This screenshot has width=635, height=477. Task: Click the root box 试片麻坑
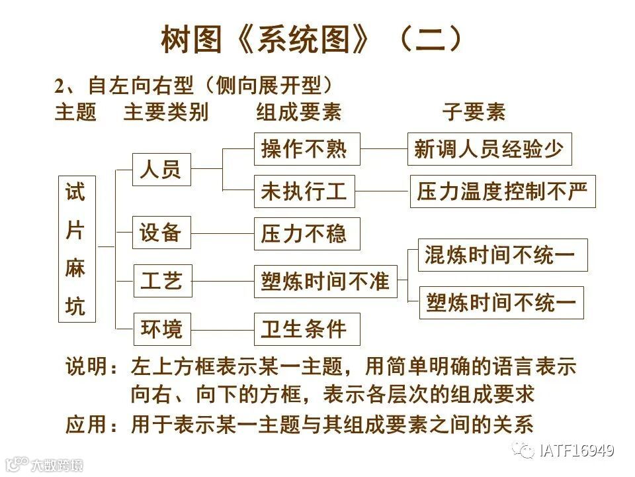(x=77, y=249)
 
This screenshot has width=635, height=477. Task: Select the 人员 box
(x=162, y=170)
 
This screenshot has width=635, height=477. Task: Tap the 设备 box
(x=162, y=233)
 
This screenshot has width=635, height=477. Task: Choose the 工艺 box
(x=162, y=280)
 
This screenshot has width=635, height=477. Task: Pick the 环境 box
(x=162, y=329)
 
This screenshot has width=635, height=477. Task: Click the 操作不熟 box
(x=307, y=149)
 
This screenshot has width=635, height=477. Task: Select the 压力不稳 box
(x=307, y=234)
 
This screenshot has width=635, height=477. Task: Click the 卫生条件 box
(x=307, y=329)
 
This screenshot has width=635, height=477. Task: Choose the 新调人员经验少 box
(x=489, y=149)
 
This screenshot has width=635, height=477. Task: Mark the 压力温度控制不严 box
(x=503, y=191)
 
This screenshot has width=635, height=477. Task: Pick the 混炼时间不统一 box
(x=503, y=255)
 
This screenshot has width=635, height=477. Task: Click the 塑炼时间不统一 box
(x=501, y=303)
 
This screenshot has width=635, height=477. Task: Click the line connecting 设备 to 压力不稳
(x=223, y=233)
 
